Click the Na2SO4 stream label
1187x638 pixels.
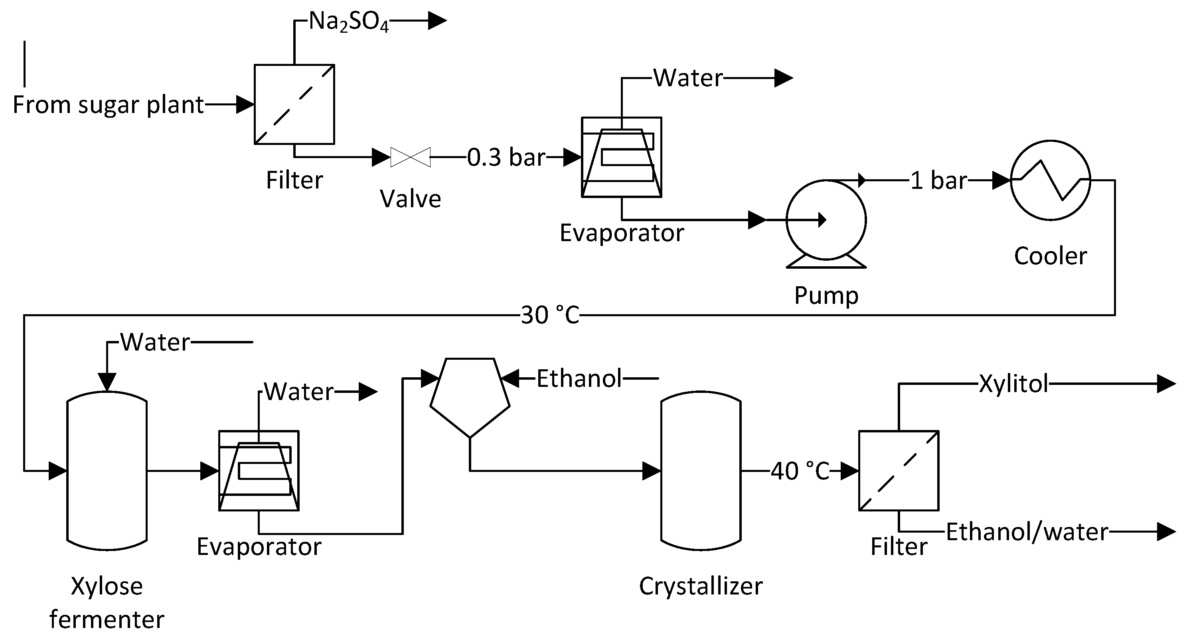click(x=348, y=21)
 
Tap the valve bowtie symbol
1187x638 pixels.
click(x=410, y=157)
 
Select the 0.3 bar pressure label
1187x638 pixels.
click(x=506, y=157)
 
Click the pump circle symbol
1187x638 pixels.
click(x=826, y=220)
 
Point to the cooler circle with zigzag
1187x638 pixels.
click(x=1050, y=180)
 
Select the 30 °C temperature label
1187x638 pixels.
click(x=550, y=315)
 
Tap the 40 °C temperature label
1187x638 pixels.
click(x=800, y=471)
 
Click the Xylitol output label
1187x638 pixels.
click(x=1013, y=384)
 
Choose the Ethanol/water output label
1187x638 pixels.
click(x=1027, y=532)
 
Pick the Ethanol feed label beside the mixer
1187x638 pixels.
click(x=579, y=378)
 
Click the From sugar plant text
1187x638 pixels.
click(x=108, y=105)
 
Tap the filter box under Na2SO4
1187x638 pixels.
click(x=294, y=104)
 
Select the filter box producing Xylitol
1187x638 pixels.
click(x=899, y=471)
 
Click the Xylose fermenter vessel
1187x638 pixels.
click(x=107, y=471)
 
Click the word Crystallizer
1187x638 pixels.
click(x=700, y=586)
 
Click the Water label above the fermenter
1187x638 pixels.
click(x=155, y=342)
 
